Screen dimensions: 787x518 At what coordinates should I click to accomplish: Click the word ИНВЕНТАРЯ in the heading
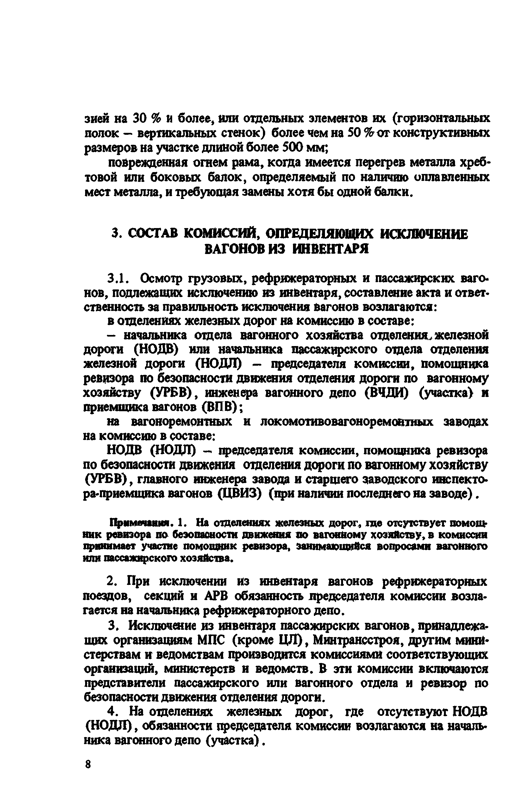(x=330, y=249)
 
